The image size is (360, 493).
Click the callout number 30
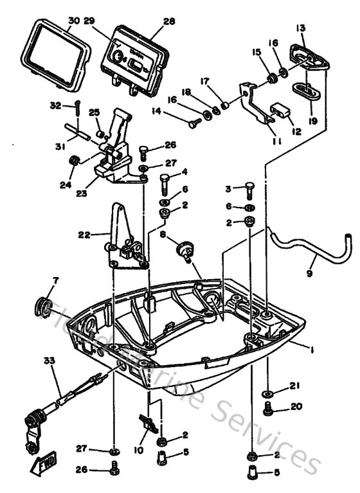[x=73, y=21]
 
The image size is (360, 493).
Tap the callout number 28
[x=168, y=21]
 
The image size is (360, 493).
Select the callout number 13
[x=301, y=28]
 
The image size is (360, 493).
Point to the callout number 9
[x=310, y=262]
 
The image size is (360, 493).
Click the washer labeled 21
[x=267, y=392]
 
